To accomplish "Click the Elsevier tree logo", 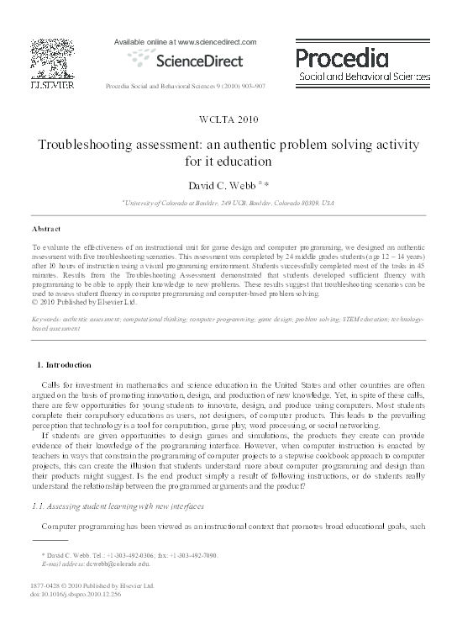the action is click(x=53, y=58).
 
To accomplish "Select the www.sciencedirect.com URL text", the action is click(x=204, y=40).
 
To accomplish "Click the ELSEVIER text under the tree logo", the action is click(x=53, y=87).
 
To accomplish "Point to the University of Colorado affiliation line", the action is click(x=228, y=203).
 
